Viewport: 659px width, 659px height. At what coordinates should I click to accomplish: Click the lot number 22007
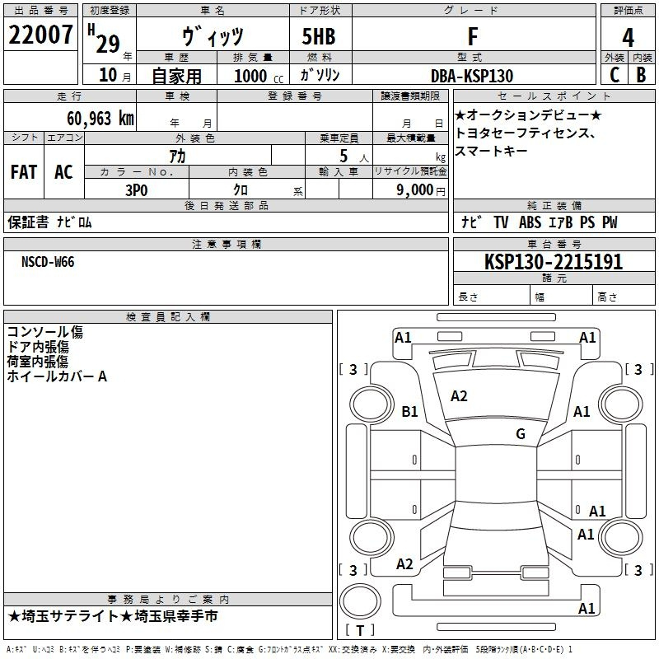click(x=40, y=35)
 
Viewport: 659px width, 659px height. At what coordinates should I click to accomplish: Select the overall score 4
click(x=628, y=37)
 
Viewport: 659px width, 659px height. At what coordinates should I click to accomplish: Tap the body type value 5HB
click(x=319, y=36)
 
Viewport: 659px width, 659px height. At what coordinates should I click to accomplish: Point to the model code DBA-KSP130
click(x=472, y=76)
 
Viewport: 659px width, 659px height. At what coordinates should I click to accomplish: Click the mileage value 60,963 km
click(x=100, y=118)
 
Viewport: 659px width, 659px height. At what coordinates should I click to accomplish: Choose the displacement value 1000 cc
click(x=259, y=77)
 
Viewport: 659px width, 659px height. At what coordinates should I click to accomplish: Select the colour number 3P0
click(x=137, y=190)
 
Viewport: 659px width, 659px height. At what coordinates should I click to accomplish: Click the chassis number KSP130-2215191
click(x=554, y=262)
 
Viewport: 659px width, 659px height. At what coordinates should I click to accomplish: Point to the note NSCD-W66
click(x=48, y=262)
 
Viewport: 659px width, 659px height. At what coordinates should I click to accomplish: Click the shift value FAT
click(x=24, y=172)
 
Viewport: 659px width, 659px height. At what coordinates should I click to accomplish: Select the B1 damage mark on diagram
click(x=409, y=411)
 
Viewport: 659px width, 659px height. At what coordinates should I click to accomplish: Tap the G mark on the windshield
click(x=521, y=433)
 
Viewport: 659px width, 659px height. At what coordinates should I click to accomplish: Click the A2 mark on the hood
click(x=459, y=396)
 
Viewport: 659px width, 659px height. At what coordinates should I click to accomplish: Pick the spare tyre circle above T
click(x=360, y=601)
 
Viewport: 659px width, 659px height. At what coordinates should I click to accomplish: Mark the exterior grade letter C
click(x=615, y=75)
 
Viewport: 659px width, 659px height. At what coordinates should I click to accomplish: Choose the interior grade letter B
click(x=641, y=75)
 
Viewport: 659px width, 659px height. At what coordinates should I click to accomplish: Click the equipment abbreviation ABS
click(x=530, y=222)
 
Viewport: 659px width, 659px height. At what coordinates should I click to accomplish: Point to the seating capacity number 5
click(x=344, y=156)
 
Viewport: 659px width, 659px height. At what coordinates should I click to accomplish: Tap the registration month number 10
click(x=108, y=75)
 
